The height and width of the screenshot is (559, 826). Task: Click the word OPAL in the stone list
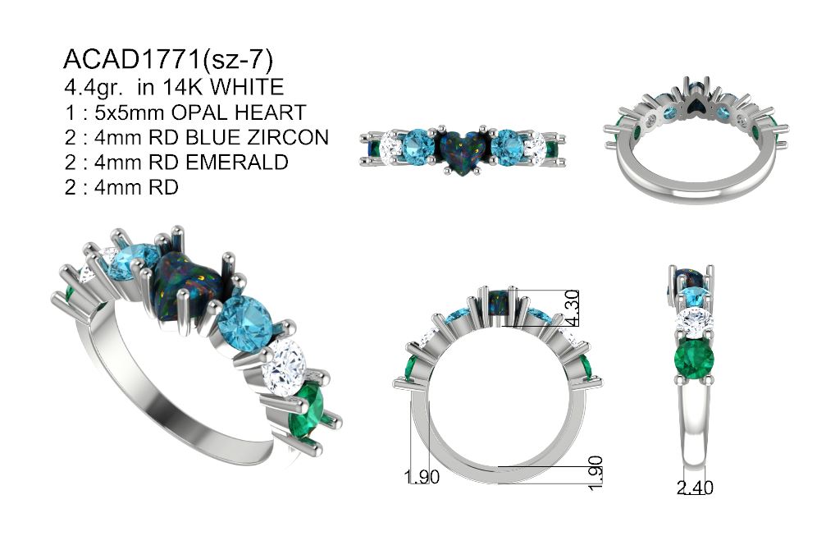tap(199, 112)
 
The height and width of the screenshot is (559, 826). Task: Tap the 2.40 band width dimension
tap(695, 488)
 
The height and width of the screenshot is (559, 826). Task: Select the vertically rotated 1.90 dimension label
tap(595, 472)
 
